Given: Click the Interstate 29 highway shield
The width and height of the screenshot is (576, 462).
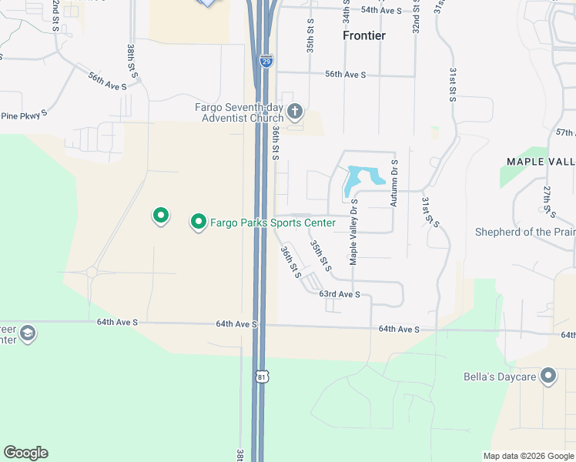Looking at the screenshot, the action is pos(266,60).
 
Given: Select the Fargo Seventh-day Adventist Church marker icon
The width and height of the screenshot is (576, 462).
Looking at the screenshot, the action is pos(294,113).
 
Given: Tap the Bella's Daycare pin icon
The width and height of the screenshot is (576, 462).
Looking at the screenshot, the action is pos(548,377).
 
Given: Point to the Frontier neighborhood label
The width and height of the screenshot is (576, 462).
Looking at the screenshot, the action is pos(364,35).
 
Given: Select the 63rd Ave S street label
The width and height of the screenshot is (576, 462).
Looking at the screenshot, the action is pos(340,294).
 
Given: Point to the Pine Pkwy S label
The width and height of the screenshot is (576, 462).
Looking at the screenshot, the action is pos(24,114).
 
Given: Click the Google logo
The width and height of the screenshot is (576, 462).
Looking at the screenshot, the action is pos(25,453).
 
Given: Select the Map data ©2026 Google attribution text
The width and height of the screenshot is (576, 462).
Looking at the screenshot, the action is pos(527,456).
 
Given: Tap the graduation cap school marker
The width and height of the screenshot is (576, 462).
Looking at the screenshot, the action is pos(28,333).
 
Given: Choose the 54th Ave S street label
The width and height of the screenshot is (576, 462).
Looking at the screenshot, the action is pos(381,10).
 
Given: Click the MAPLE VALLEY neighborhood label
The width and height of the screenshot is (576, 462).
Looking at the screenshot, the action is pos(541,161).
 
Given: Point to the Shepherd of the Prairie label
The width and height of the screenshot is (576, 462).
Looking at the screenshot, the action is pos(524,232).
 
